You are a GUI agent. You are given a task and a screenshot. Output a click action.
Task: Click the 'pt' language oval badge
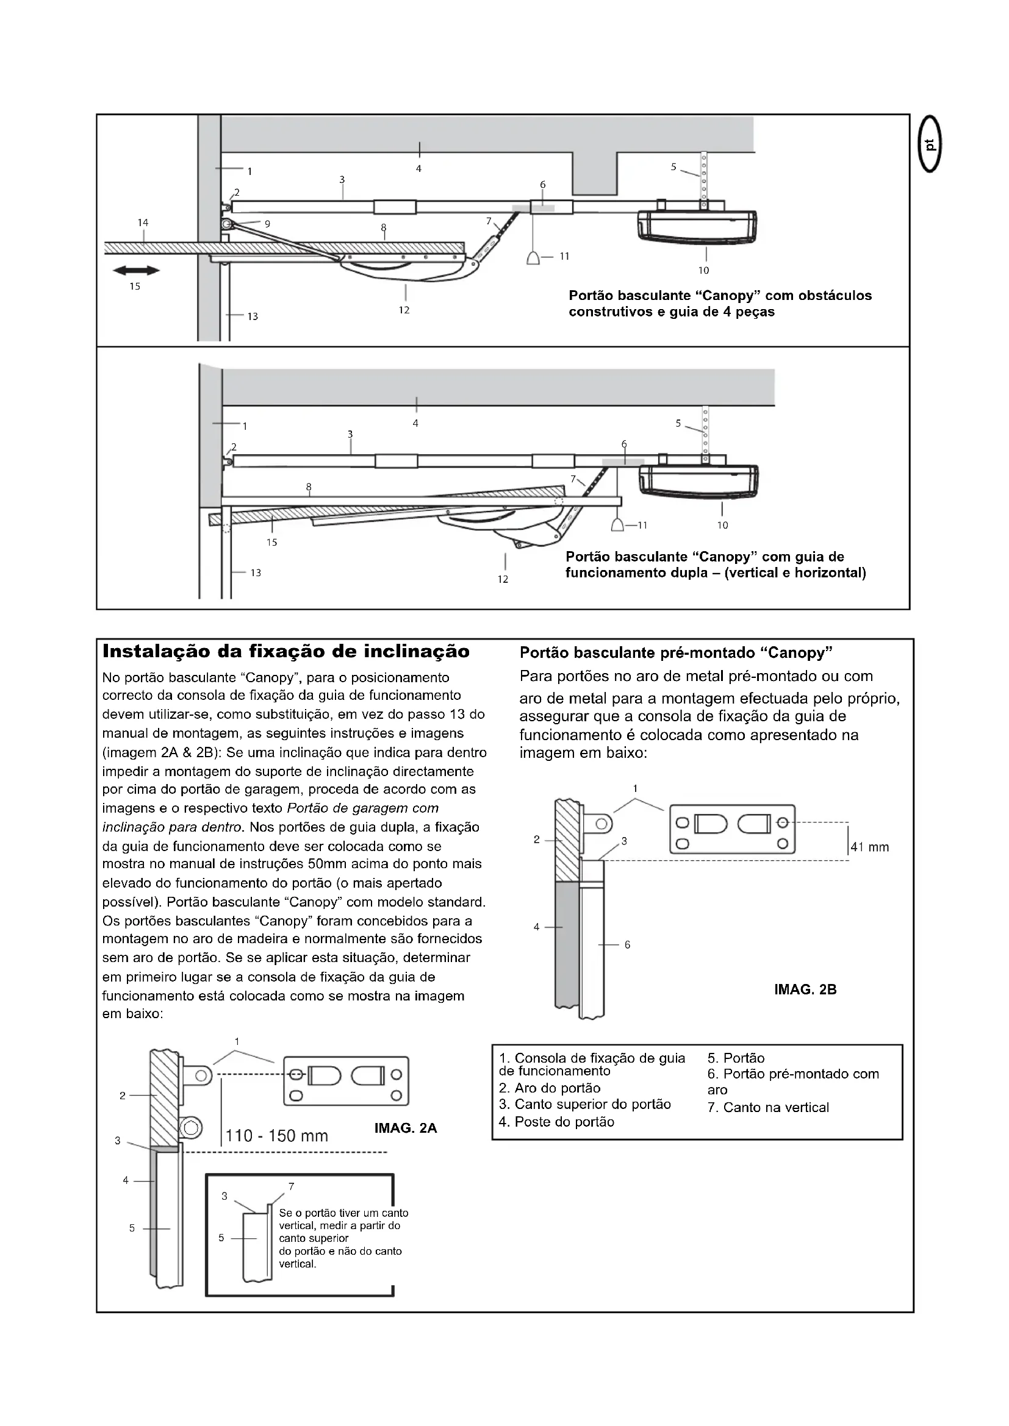[930, 145]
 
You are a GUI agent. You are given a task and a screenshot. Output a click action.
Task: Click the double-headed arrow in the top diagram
[136, 270]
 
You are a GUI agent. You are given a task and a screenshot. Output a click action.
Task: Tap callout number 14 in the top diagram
[143, 223]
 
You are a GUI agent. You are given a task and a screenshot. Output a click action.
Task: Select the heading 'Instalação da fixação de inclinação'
[285, 652]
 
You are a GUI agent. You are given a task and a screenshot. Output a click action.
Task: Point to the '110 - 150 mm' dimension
[276, 1136]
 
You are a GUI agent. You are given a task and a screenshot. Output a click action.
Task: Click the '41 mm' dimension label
[869, 847]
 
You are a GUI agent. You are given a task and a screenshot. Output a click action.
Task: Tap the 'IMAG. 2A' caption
[406, 1128]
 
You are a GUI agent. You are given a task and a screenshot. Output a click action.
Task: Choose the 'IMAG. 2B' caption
[805, 989]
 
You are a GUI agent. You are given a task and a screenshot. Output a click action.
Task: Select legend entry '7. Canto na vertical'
[768, 1107]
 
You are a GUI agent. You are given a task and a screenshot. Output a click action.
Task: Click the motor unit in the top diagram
[698, 226]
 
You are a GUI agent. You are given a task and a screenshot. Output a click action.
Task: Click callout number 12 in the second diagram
[503, 579]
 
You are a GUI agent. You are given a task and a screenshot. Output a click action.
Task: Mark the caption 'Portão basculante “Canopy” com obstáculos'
[720, 296]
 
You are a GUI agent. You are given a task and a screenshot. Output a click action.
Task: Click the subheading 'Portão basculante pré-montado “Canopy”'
[675, 653]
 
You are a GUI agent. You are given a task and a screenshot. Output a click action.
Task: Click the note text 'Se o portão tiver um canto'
[343, 1213]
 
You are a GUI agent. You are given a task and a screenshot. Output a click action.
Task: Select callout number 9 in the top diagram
[267, 224]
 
